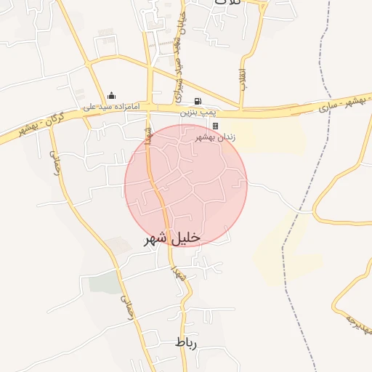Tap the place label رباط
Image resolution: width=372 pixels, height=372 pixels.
click(186, 341)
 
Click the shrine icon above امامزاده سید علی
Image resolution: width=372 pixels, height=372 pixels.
click(111, 95)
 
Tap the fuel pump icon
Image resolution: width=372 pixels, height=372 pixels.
click(197, 101)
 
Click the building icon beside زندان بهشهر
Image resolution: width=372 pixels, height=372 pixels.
click(215, 126)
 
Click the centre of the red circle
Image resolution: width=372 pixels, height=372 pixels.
click(186, 185)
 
